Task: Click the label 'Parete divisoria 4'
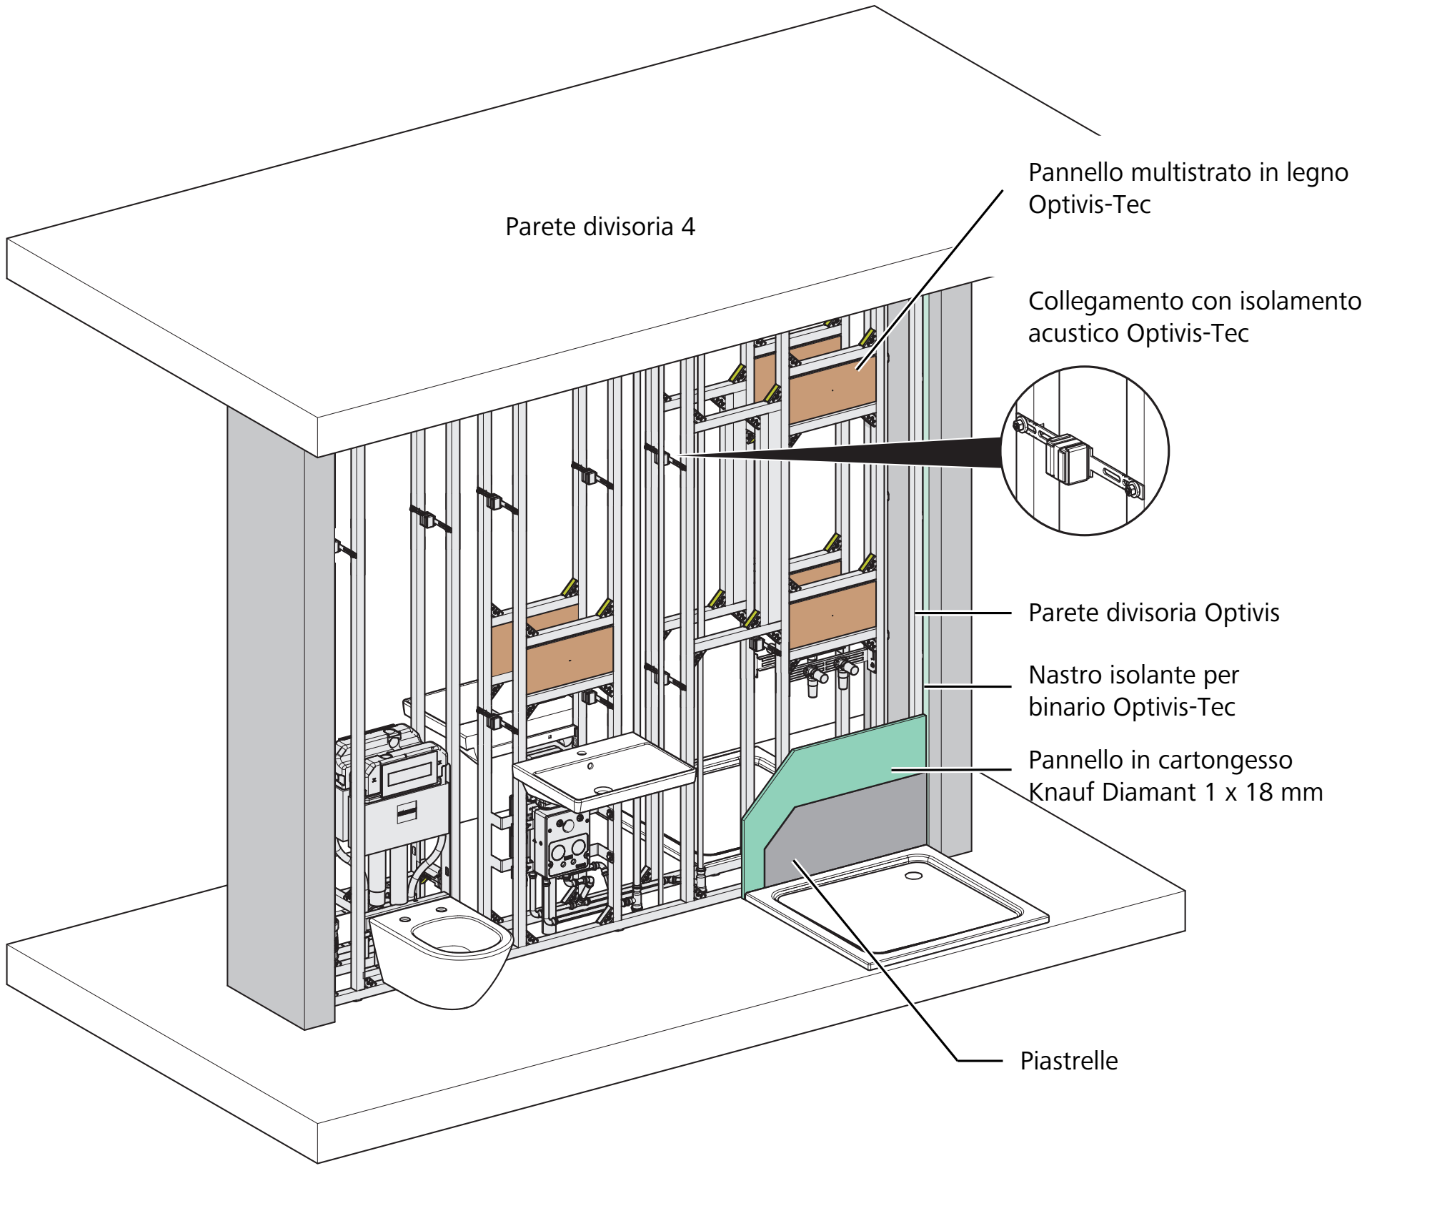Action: click(x=600, y=227)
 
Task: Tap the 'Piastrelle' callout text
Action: click(x=1069, y=1061)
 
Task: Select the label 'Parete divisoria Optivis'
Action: click(x=1154, y=613)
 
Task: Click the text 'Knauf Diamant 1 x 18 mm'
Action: click(x=1175, y=792)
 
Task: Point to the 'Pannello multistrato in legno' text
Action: click(x=1188, y=172)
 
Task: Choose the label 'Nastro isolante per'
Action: click(x=1133, y=675)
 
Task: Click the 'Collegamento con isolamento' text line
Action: click(x=1195, y=301)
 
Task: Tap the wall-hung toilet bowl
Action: click(x=442, y=951)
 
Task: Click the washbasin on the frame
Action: click(x=604, y=772)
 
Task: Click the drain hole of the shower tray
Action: click(x=913, y=876)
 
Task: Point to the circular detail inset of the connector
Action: click(x=1085, y=450)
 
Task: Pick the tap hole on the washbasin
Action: click(x=590, y=766)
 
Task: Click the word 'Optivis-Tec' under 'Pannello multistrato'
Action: click(x=1089, y=205)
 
